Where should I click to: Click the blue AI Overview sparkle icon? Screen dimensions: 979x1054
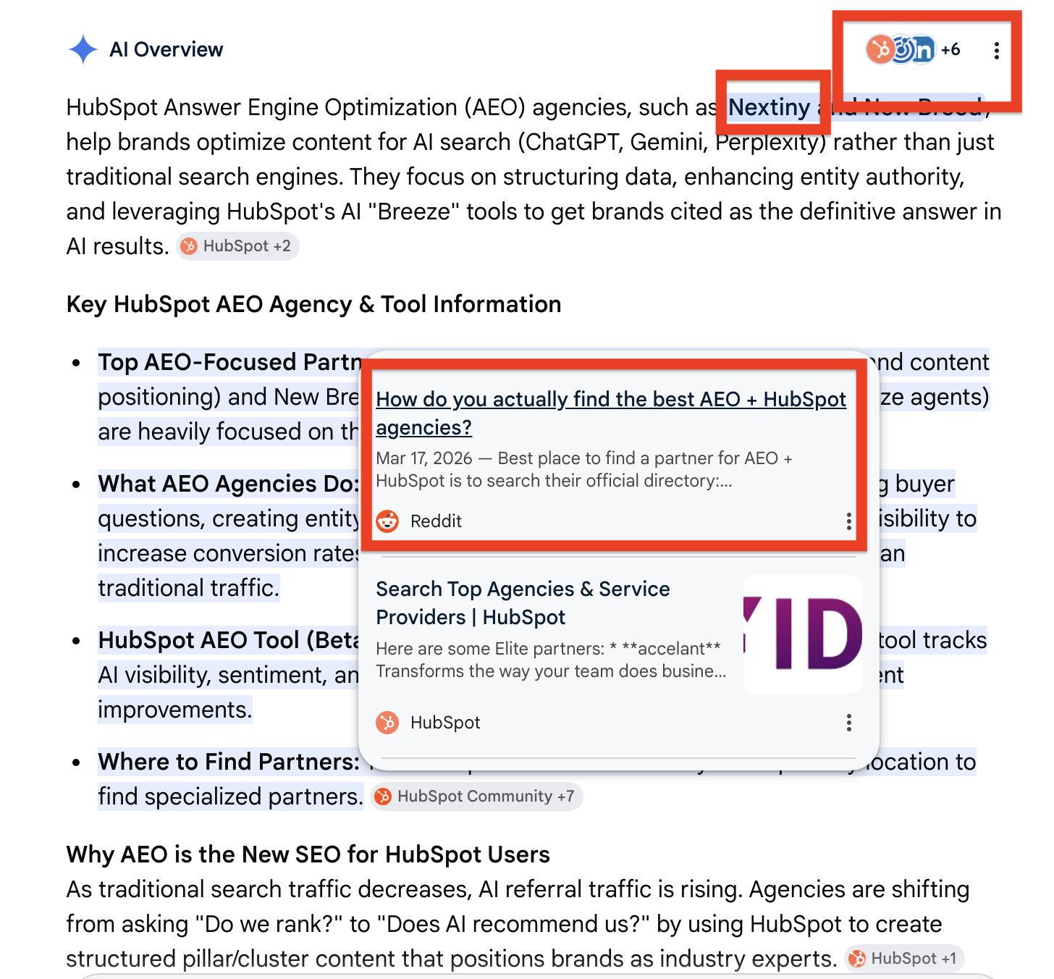(x=83, y=50)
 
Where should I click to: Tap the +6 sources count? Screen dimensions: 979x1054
(x=950, y=50)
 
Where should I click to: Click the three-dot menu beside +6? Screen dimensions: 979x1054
(x=997, y=51)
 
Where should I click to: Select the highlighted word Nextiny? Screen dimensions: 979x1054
(x=769, y=108)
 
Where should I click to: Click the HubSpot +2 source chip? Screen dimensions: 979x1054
(x=237, y=247)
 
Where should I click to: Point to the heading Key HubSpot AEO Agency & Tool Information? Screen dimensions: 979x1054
(x=313, y=304)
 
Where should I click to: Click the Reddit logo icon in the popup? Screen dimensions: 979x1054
(x=388, y=521)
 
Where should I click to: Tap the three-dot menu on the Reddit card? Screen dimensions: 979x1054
(x=848, y=521)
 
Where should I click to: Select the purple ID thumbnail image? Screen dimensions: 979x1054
(x=803, y=634)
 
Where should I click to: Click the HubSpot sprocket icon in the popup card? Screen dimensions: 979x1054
(x=388, y=723)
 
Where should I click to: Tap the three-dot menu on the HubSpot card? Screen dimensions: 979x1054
(x=848, y=723)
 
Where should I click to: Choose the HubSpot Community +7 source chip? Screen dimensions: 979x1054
(x=476, y=797)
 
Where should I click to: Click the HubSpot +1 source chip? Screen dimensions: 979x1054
(x=904, y=959)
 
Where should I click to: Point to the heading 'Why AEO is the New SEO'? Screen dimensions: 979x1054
(x=308, y=854)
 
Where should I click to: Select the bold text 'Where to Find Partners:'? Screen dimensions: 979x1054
(x=229, y=762)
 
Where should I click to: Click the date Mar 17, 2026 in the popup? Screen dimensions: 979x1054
(x=423, y=458)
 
